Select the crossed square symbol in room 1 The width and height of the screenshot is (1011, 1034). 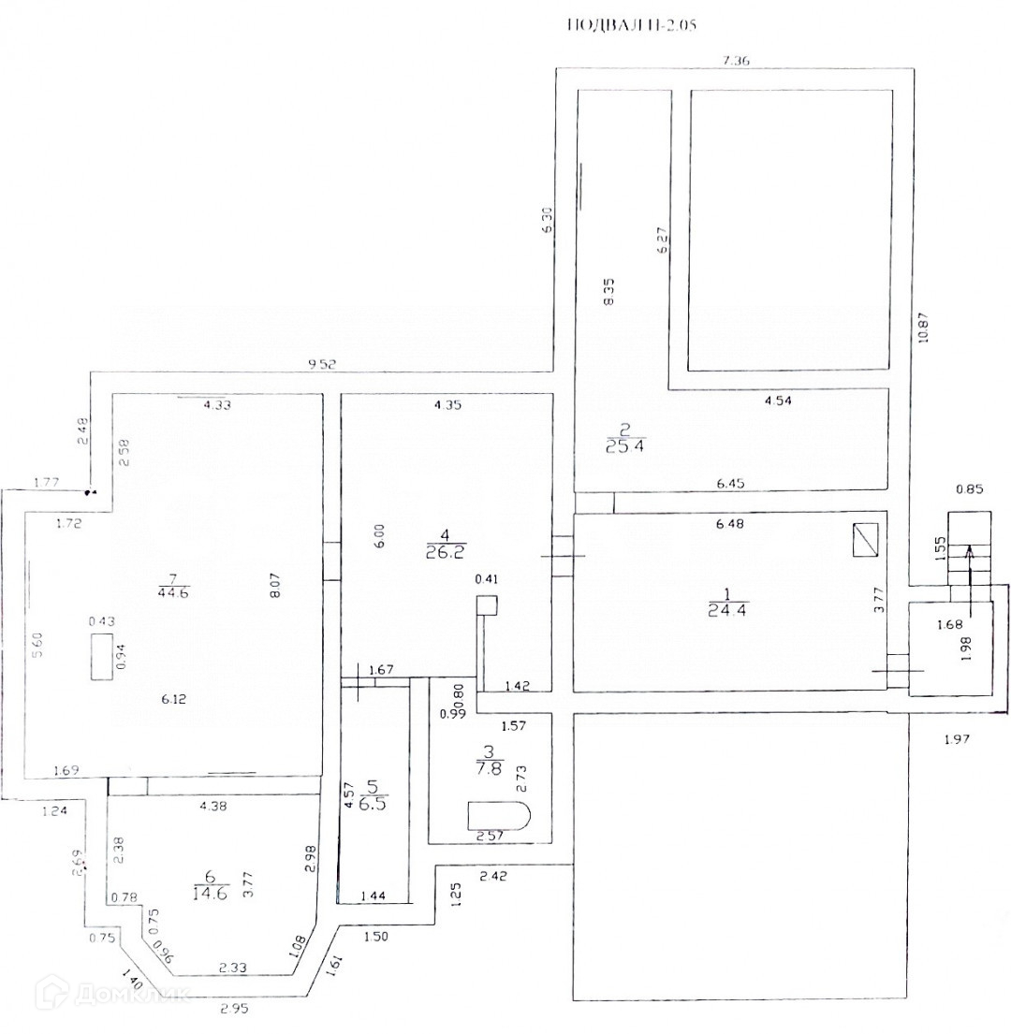tap(866, 540)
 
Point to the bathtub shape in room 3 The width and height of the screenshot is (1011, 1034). tap(501, 814)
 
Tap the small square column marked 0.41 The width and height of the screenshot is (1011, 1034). tap(486, 604)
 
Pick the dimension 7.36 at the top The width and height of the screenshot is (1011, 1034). tap(737, 60)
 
